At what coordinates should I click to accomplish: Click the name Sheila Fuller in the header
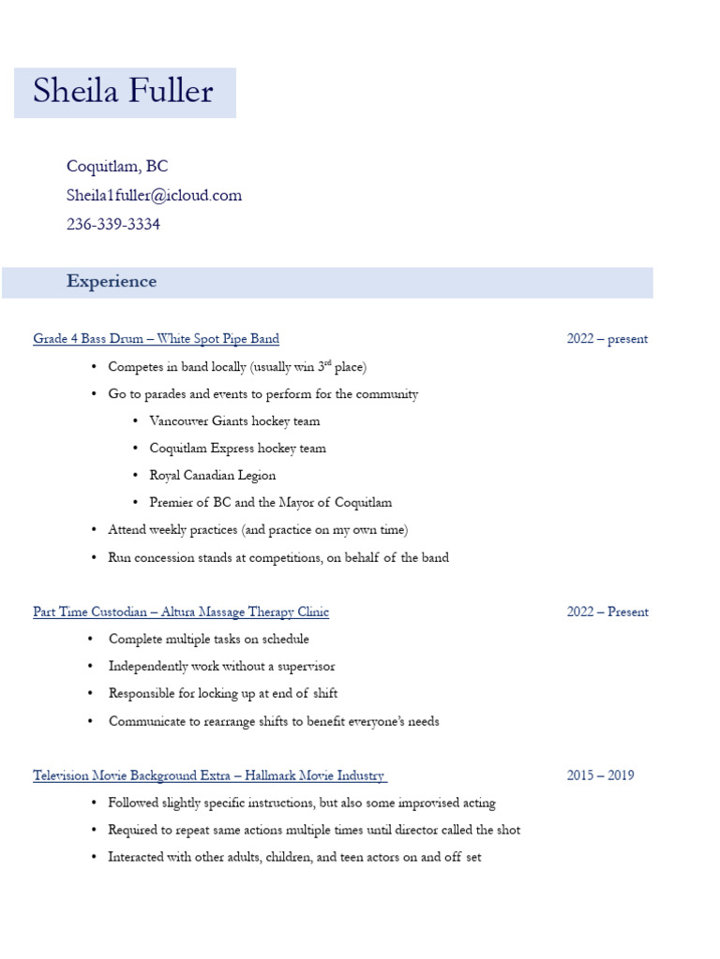(123, 92)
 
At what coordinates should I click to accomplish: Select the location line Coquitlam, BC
(117, 167)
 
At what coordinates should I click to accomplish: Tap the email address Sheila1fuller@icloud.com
(154, 196)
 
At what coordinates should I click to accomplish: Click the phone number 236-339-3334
(112, 225)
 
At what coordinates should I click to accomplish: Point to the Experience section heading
(112, 282)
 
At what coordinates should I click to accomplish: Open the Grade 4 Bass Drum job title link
(156, 339)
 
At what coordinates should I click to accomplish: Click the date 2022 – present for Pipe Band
(607, 339)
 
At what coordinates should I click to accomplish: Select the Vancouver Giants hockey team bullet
(234, 421)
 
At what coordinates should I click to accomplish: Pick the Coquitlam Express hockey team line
(237, 449)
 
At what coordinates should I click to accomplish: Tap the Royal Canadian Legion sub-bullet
(212, 476)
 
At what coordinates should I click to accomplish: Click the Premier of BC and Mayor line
(270, 503)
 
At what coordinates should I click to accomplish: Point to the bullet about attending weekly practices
(258, 530)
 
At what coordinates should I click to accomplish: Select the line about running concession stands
(278, 558)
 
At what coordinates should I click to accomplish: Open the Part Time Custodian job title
(181, 612)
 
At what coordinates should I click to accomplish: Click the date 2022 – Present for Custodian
(607, 612)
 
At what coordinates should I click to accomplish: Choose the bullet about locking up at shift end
(223, 694)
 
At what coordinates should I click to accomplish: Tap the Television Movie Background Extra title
(209, 776)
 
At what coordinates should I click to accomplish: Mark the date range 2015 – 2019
(600, 775)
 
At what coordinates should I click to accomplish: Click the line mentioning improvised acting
(302, 804)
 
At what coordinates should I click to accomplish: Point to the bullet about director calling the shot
(314, 831)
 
